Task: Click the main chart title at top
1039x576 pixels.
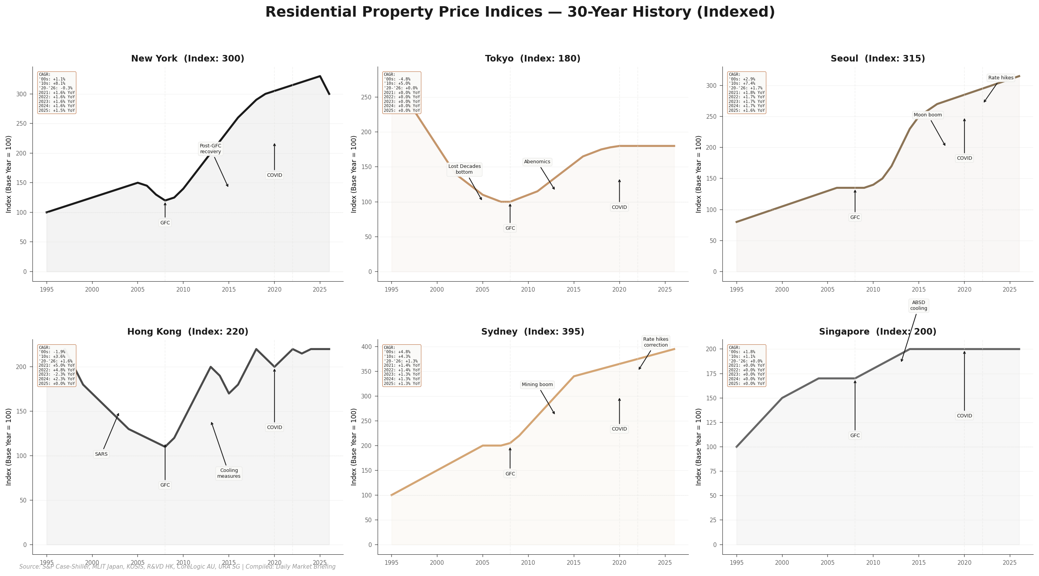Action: [x=519, y=12]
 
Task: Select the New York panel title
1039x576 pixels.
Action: [x=187, y=58]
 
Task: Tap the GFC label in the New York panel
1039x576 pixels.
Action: [x=165, y=223]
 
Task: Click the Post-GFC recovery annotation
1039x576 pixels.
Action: [x=210, y=149]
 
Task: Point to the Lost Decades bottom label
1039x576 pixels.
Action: [x=464, y=169]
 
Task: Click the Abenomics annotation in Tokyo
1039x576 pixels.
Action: [x=537, y=162]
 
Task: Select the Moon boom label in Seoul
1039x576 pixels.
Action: [x=928, y=115]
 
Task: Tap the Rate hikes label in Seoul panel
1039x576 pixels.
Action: [x=1001, y=78]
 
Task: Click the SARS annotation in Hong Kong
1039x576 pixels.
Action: [x=101, y=454]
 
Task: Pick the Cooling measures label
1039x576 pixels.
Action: [x=229, y=473]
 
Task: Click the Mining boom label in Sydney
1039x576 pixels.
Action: [x=537, y=385]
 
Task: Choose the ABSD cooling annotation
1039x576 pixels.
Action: [x=918, y=306]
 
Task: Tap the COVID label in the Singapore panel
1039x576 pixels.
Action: [x=964, y=416]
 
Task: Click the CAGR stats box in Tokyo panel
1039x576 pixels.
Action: [x=401, y=92]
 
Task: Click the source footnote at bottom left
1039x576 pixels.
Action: [x=177, y=567]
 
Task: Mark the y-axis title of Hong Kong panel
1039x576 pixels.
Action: [x=9, y=447]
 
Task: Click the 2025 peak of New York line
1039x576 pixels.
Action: [x=320, y=76]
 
